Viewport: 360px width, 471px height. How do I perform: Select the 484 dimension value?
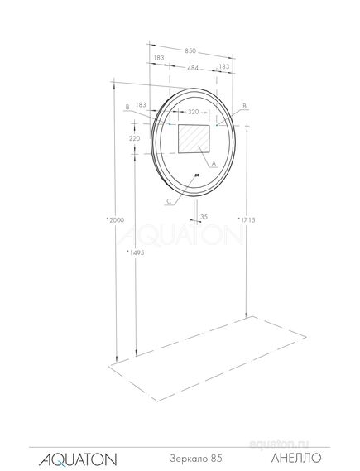(x=191, y=66)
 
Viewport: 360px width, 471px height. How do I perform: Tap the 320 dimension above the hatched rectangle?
(x=194, y=111)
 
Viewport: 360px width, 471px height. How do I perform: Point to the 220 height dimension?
(x=136, y=139)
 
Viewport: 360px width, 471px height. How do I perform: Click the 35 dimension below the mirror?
(x=204, y=218)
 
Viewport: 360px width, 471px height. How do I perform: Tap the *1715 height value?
(x=246, y=219)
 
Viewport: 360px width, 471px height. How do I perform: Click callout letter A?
(x=213, y=164)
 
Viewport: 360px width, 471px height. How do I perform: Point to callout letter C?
(x=169, y=200)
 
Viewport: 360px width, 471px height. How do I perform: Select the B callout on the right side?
(x=245, y=106)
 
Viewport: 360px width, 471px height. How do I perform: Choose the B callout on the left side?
(x=127, y=106)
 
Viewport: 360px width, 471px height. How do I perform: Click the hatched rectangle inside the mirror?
(x=194, y=138)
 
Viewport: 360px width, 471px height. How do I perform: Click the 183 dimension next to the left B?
(x=141, y=105)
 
